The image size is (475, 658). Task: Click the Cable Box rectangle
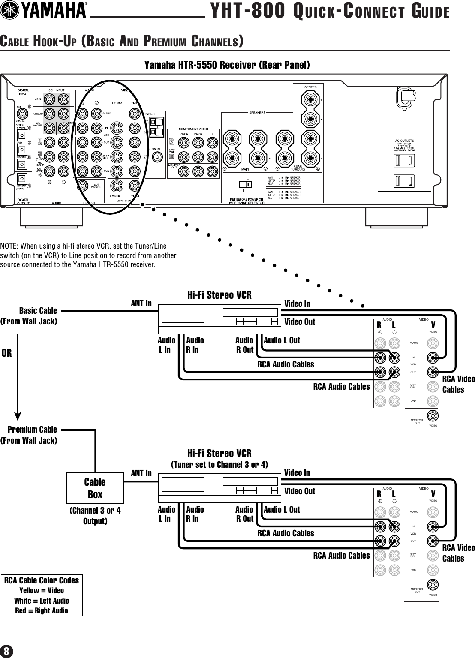point(95,488)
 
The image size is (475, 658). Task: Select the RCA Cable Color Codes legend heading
point(42,580)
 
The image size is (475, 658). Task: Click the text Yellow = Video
point(42,591)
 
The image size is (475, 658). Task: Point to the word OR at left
point(7,354)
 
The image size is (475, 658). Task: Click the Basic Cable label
point(38,311)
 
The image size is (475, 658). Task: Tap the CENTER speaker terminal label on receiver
point(310,87)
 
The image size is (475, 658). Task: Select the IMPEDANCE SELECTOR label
point(247,203)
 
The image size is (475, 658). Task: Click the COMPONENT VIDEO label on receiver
point(193,129)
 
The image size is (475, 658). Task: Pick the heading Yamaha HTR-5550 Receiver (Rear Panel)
point(227,65)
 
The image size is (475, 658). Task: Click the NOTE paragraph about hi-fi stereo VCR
point(88,255)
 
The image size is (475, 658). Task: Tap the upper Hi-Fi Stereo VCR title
point(219,295)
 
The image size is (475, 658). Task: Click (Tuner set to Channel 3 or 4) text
point(219,465)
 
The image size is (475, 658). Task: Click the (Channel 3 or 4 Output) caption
point(95,516)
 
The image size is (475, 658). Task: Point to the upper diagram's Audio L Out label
point(282,340)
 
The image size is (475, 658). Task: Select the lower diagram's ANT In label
point(141,473)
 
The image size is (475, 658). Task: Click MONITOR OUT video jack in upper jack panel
point(433,416)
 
